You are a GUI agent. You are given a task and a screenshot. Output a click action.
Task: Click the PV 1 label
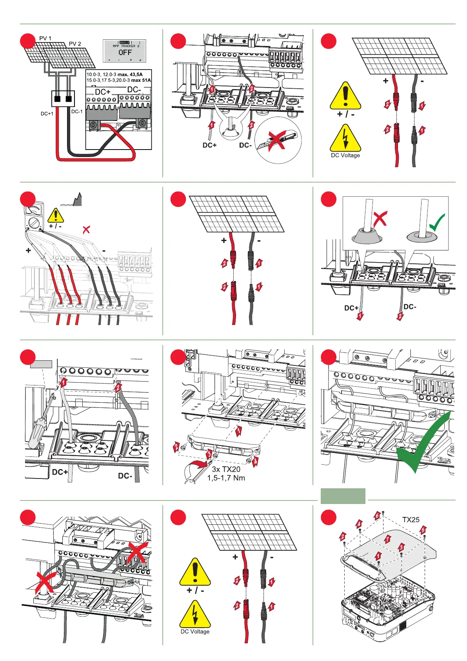pos(45,38)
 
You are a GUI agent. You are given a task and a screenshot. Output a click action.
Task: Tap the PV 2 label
pos(75,44)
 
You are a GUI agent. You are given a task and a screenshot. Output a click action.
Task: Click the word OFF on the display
pos(125,52)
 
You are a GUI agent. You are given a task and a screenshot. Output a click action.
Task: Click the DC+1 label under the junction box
pos(47,114)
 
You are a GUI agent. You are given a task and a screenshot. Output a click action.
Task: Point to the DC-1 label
pos(77,111)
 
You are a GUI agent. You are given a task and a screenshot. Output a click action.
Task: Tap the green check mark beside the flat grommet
pos(437,223)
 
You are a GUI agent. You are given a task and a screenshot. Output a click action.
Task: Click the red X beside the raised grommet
pos(380,218)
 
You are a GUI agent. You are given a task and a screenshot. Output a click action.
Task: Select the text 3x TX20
pos(226,469)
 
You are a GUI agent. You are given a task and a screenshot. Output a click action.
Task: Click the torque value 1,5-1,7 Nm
pos(226,478)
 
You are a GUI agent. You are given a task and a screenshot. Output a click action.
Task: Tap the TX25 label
pos(411,520)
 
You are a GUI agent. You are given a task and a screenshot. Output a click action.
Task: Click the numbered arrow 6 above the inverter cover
pos(377,515)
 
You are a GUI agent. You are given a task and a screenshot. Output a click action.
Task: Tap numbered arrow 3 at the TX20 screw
pos(209,455)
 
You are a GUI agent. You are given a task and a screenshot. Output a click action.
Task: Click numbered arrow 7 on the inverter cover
pos(387,539)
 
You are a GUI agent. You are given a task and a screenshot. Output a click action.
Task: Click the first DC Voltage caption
pos(345,155)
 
